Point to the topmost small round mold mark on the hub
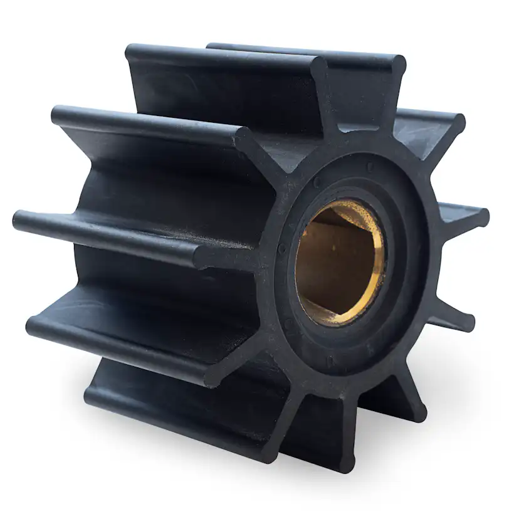point(370,167)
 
